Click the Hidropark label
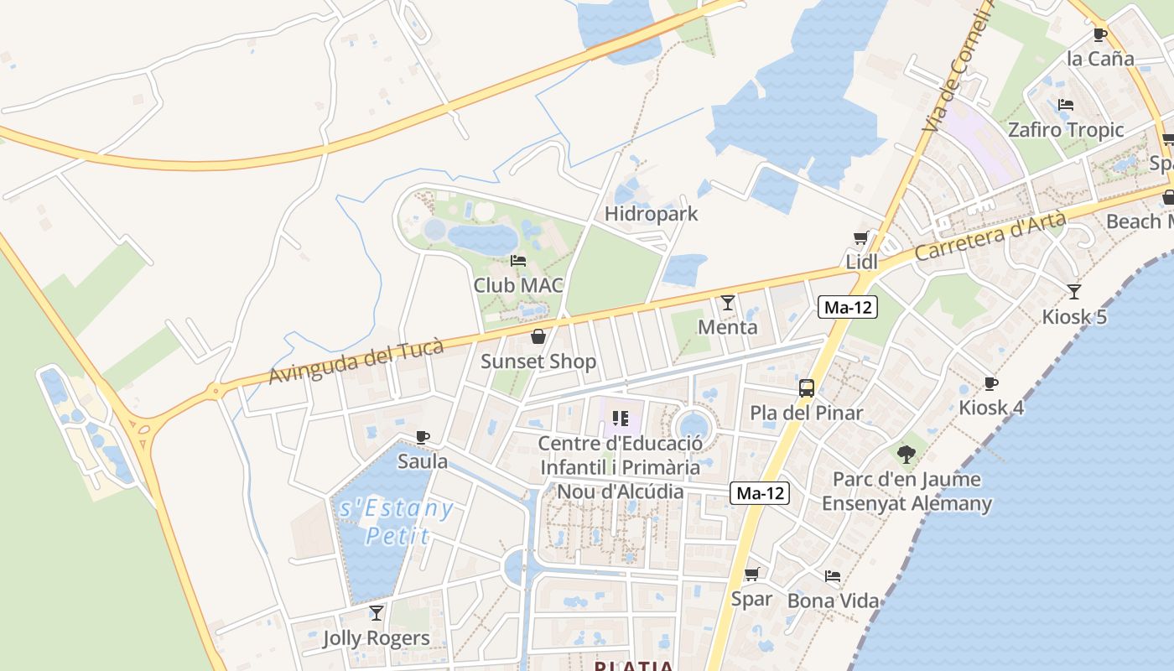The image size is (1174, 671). (651, 214)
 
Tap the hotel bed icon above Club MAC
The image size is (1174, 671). (518, 261)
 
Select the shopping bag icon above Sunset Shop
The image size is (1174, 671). (538, 337)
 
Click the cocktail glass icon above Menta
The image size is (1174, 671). (727, 302)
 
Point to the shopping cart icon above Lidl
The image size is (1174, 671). (860, 238)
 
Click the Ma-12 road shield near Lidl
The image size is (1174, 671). (848, 308)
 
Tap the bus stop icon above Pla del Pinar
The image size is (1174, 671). (807, 388)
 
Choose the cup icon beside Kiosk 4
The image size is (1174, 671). (991, 383)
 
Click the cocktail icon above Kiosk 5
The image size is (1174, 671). (1074, 292)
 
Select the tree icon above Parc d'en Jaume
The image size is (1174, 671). (906, 455)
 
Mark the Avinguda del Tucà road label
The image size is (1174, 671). (356, 362)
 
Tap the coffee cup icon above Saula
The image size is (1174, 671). (423, 437)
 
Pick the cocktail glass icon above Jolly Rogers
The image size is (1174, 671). (377, 613)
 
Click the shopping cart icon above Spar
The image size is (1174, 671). (751, 575)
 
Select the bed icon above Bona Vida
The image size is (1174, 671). (832, 576)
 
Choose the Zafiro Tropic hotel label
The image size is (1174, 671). (1065, 130)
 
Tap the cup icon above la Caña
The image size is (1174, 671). (1100, 35)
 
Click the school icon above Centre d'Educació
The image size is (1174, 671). (621, 418)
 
